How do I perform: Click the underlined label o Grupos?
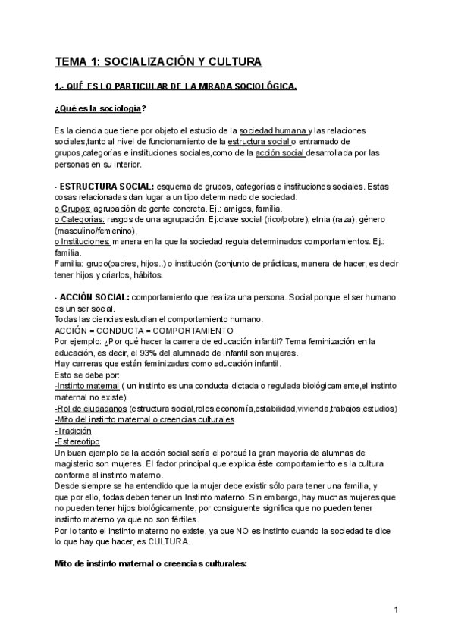73,208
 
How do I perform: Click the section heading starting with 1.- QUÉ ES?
175,86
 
